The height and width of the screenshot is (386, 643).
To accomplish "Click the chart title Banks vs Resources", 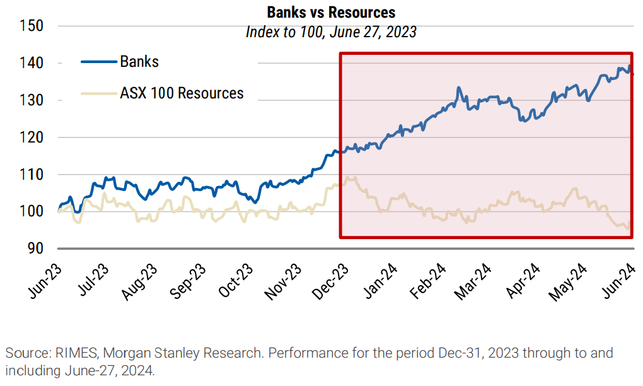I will click(331, 12).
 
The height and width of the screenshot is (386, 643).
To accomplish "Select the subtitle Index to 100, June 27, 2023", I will click(331, 32).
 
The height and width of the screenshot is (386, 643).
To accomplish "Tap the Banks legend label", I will click(139, 62).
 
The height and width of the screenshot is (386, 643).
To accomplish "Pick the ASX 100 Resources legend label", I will click(182, 93).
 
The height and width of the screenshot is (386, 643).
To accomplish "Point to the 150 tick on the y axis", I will click(30, 26).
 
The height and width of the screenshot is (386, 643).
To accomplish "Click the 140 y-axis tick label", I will click(30, 63).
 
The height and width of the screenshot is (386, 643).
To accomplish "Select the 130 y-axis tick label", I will click(30, 100).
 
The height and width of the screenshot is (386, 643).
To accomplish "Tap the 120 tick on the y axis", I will click(30, 137).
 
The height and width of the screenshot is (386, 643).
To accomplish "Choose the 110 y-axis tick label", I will click(30, 174).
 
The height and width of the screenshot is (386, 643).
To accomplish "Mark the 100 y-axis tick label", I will click(30, 211).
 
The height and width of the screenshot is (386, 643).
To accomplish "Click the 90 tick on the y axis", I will click(35, 249).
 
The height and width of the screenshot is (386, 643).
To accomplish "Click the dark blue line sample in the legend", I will click(99, 62).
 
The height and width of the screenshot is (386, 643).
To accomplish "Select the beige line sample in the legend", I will click(99, 93).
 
